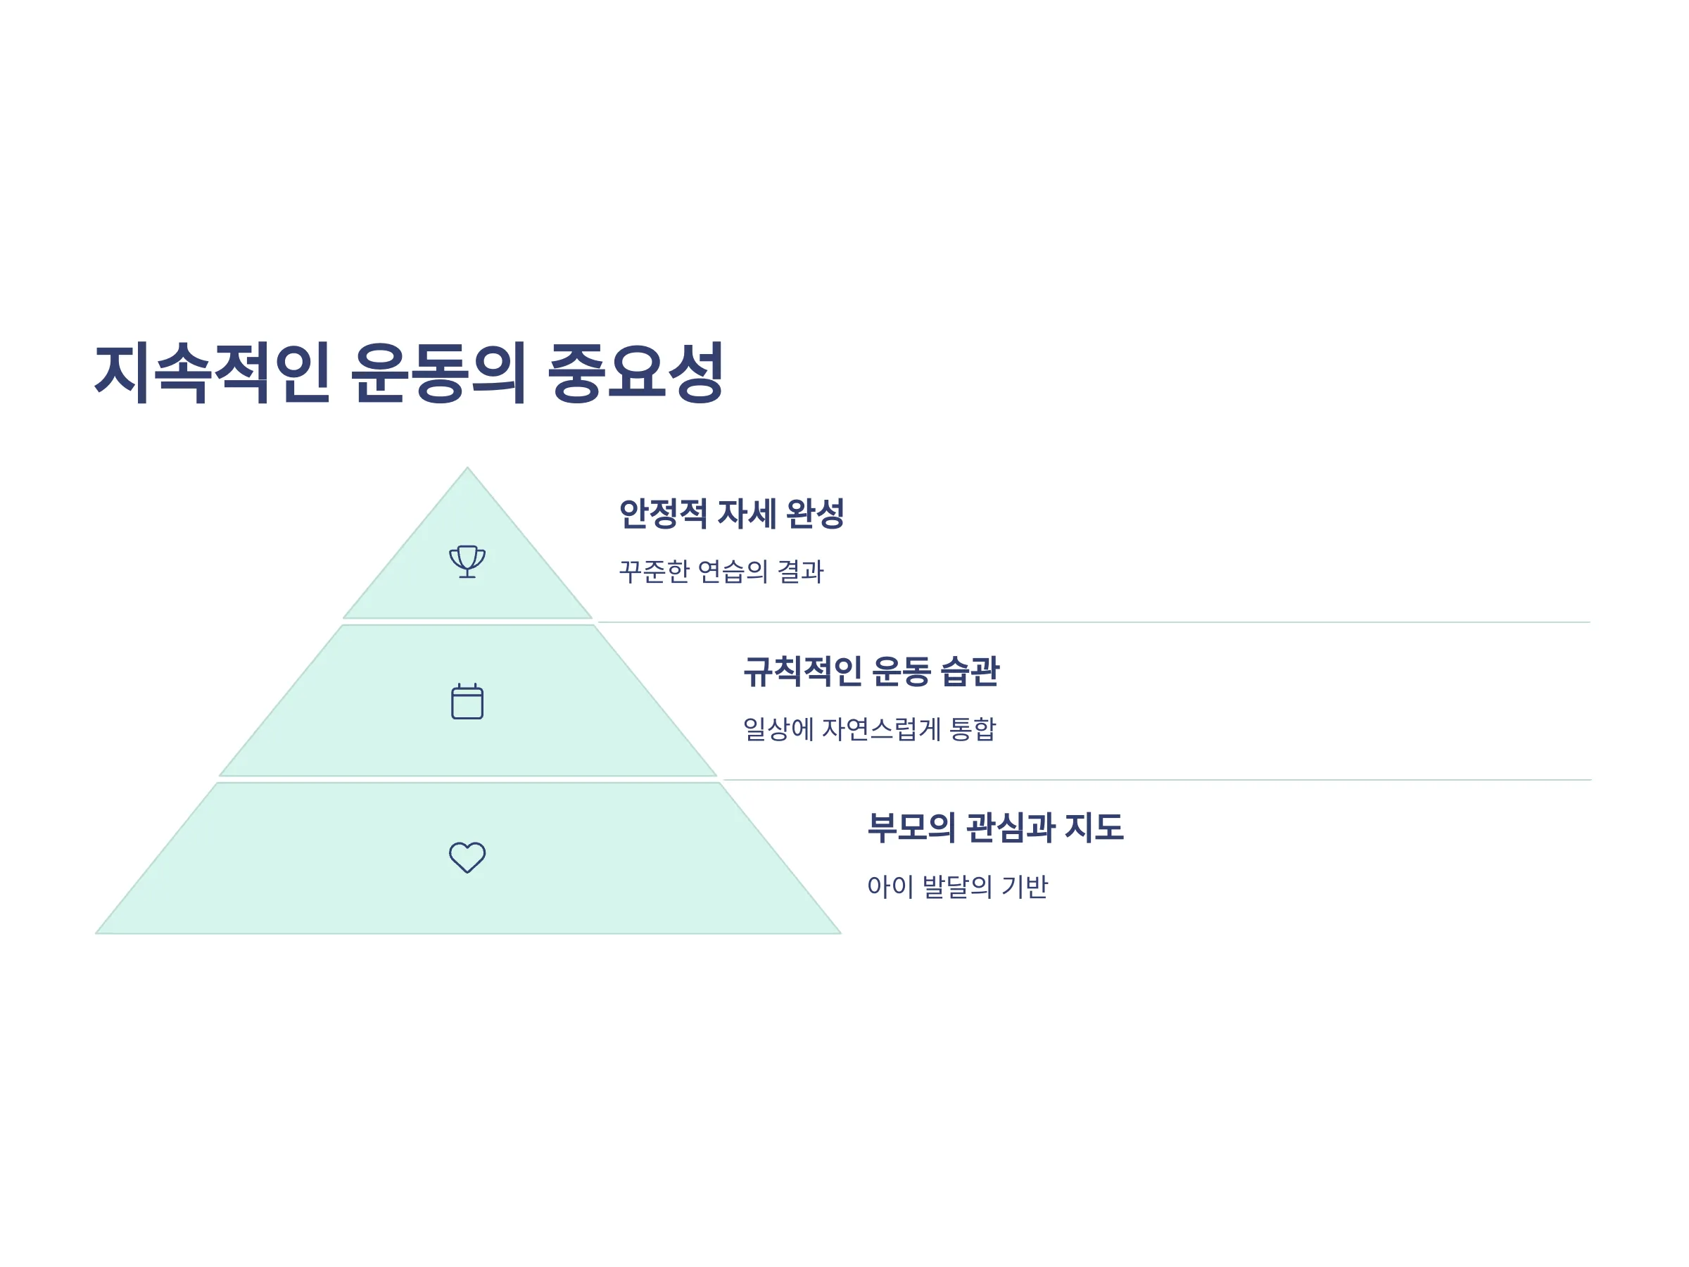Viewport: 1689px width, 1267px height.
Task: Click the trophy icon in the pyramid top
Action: point(467,561)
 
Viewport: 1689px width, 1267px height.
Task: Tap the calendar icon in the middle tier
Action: point(467,701)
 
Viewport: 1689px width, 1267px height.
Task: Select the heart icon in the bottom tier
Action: point(467,857)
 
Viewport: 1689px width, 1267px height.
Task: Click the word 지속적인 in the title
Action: point(213,372)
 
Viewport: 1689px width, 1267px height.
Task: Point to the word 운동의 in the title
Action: point(438,372)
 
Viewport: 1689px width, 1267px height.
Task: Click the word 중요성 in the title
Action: point(635,372)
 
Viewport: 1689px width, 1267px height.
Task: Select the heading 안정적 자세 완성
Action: point(731,513)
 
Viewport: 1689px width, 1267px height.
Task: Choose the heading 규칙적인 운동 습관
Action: point(871,672)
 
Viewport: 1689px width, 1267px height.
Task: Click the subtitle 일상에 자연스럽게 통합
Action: point(870,729)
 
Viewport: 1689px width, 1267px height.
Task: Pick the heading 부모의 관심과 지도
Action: point(995,827)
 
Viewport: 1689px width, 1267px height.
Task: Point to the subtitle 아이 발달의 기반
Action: point(958,887)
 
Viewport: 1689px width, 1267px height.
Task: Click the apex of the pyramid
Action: point(467,468)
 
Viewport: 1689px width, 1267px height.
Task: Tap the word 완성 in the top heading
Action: point(815,513)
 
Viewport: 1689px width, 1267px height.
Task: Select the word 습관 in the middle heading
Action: point(970,672)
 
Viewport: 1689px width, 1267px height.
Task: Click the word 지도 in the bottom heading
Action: point(1094,827)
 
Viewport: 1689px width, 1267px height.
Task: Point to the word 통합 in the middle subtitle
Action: point(972,729)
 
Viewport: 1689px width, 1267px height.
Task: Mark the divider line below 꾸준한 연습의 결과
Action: point(1094,622)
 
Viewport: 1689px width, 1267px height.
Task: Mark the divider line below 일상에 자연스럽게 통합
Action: point(1158,780)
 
